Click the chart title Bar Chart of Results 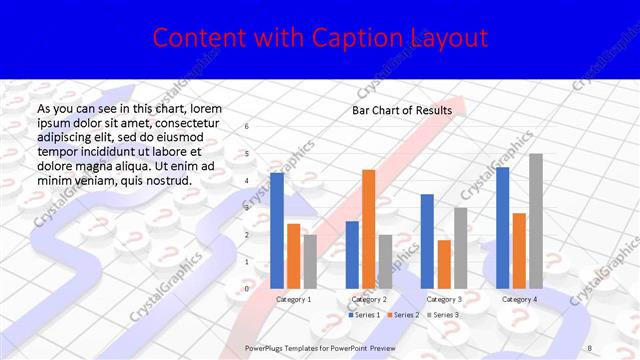click(402, 110)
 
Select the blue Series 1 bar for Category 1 click(277, 230)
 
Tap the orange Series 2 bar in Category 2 click(369, 229)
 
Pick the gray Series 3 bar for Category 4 click(536, 221)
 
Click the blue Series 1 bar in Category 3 click(427, 241)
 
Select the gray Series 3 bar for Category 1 click(310, 261)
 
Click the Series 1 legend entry click(364, 315)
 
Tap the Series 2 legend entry click(403, 315)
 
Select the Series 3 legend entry click(443, 315)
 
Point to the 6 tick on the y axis click(247, 127)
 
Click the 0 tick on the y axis click(247, 289)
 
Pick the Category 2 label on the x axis click(369, 299)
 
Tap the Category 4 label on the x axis click(519, 299)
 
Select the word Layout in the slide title click(447, 38)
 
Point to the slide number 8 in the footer click(591, 346)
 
